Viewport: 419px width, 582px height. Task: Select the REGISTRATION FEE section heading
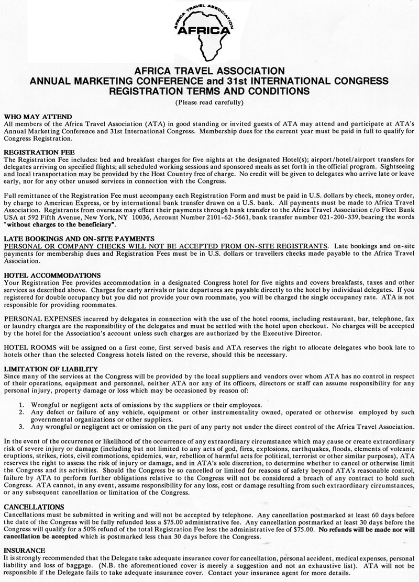35,152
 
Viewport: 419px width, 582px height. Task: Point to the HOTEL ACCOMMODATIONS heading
52,275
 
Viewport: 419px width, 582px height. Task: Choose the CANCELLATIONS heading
35,506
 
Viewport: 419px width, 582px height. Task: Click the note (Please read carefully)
209,101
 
